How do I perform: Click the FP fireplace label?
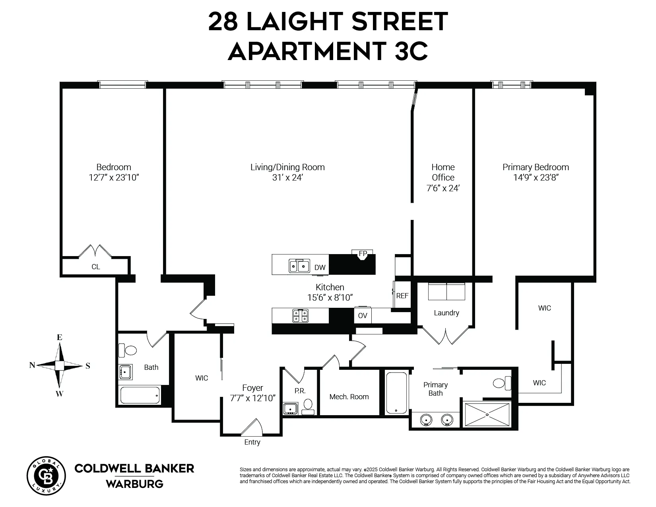point(363,253)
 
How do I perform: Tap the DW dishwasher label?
point(320,268)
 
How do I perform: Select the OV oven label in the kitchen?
point(362,316)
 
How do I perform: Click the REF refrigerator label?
point(402,296)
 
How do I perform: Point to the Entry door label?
point(252,442)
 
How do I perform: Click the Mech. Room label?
point(349,396)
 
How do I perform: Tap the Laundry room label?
point(446,313)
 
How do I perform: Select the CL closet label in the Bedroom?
point(96,267)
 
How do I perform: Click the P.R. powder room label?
point(300,391)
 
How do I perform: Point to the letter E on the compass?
point(60,337)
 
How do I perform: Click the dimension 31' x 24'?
point(287,178)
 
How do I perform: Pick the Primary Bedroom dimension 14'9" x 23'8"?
point(536,178)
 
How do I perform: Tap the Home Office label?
point(443,172)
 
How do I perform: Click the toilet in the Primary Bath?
point(502,383)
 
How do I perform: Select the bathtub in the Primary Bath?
point(396,392)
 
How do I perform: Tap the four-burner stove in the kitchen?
point(300,316)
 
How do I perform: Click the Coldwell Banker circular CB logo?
point(46,476)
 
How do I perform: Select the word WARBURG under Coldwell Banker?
point(134,484)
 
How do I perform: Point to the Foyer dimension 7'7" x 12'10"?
point(252,398)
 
